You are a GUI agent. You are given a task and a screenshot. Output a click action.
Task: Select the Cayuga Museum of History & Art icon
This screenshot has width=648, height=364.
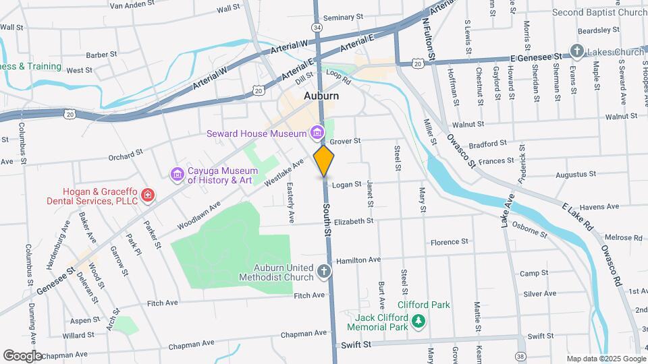click(x=178, y=175)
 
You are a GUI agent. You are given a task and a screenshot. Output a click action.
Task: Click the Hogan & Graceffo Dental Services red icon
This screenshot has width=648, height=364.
click(x=148, y=196)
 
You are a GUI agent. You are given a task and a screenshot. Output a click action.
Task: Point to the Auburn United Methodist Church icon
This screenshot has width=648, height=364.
click(x=324, y=272)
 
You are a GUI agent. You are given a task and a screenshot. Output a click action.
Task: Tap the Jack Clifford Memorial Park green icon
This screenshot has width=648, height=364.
click(x=419, y=322)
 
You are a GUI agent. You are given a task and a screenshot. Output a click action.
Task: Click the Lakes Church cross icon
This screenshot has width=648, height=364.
click(x=576, y=51)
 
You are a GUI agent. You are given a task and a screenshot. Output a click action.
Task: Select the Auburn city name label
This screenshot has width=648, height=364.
click(x=321, y=96)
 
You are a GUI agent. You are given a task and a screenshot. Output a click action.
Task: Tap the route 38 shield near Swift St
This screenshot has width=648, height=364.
click(x=520, y=355)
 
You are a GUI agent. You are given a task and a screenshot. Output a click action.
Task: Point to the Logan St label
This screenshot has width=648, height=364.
click(x=348, y=184)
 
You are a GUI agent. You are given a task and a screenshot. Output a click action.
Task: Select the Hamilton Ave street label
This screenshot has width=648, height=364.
click(x=358, y=260)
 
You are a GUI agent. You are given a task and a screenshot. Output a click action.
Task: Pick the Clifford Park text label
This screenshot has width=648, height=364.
click(x=423, y=305)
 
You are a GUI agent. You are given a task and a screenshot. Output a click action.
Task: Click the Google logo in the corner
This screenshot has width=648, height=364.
click(x=22, y=355)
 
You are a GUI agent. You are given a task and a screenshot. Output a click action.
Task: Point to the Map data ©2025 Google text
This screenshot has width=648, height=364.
click(x=605, y=359)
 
